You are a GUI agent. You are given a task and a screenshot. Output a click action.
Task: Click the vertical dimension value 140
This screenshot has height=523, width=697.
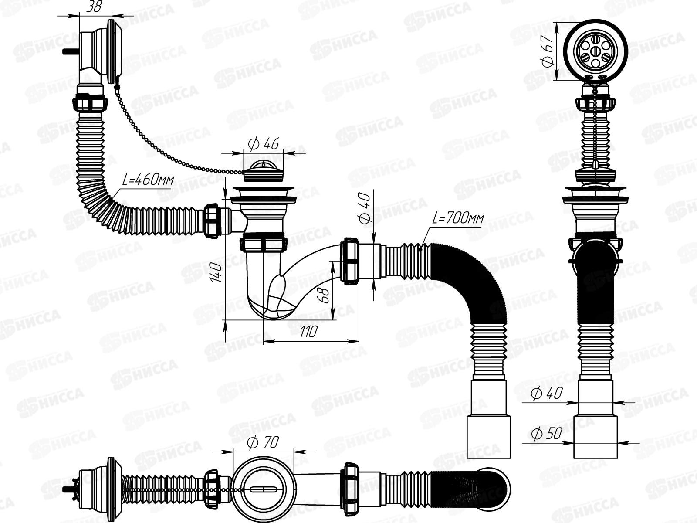pos(218,272)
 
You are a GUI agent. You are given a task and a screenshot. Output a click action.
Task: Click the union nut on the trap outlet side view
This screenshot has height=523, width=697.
pos(351,261)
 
